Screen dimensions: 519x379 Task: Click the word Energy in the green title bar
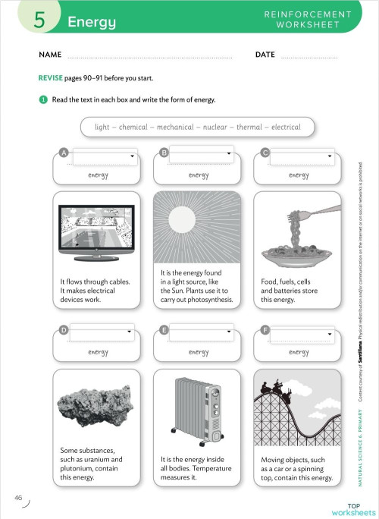[x=91, y=23]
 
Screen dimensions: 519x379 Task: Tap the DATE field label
[x=265, y=55]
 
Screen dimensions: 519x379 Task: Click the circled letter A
[x=64, y=153]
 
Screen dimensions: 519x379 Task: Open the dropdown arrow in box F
[x=330, y=335]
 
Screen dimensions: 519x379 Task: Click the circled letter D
[x=64, y=330]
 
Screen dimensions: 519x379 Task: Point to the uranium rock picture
[x=97, y=406]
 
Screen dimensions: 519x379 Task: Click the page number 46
[x=18, y=498]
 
